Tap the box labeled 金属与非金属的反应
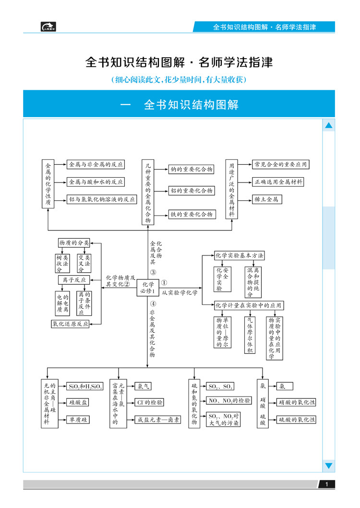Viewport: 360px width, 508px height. click(x=96, y=164)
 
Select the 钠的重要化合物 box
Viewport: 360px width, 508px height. click(x=191, y=169)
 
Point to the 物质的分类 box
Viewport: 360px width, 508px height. click(x=74, y=243)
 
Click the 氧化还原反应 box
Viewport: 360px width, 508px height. click(x=70, y=324)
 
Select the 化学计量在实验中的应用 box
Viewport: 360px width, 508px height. click(x=249, y=305)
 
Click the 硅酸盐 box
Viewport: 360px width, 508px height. click(x=78, y=402)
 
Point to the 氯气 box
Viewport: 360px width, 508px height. click(x=144, y=386)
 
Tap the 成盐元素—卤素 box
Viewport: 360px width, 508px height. click(x=158, y=420)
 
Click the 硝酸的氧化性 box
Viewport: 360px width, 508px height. click(x=297, y=402)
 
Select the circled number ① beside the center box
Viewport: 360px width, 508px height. click(x=164, y=283)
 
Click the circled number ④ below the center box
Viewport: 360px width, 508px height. click(x=152, y=304)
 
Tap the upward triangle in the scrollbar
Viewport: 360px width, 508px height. click(x=329, y=126)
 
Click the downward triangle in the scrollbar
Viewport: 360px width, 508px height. click(x=329, y=465)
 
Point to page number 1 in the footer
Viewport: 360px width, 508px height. click(x=326, y=485)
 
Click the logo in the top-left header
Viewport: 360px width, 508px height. click(x=48, y=27)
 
